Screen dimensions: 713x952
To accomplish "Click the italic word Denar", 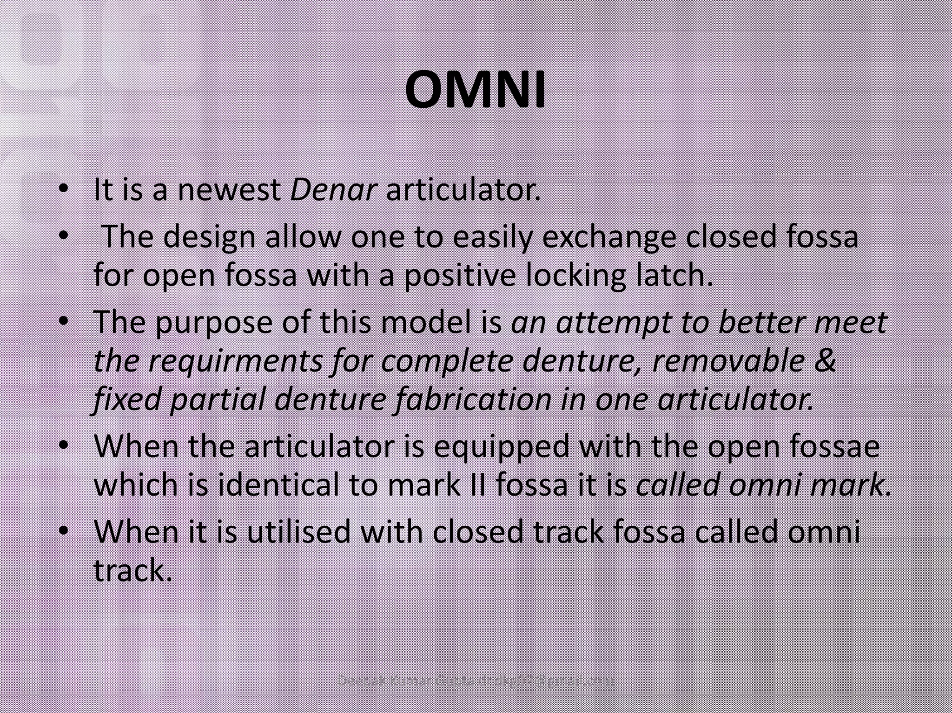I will tap(332, 190).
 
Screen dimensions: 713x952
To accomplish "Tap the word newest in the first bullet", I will tap(229, 190).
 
